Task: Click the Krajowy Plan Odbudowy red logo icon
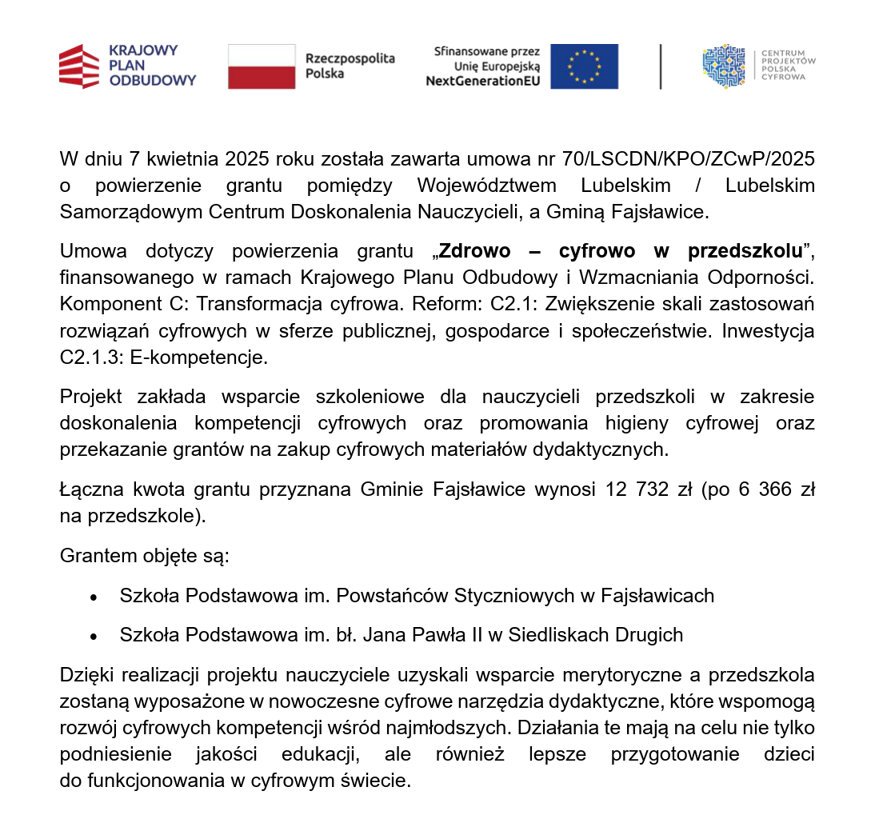click(x=79, y=66)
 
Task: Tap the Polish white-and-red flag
click(x=262, y=66)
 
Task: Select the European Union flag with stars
click(x=584, y=66)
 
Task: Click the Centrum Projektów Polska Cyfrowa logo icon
click(x=723, y=66)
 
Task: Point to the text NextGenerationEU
click(x=482, y=81)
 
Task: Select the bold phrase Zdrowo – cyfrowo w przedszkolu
click(x=621, y=251)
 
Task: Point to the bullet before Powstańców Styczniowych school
click(x=94, y=597)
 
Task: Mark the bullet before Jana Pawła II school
click(x=94, y=637)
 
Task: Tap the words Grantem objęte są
click(x=145, y=555)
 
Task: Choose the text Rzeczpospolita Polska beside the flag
click(x=350, y=66)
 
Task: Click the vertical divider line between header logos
click(x=661, y=66)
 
